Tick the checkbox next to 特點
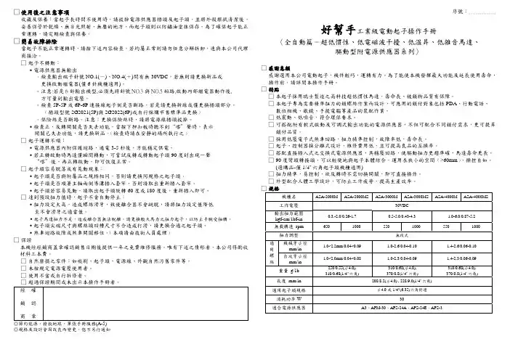pos(263,90)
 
